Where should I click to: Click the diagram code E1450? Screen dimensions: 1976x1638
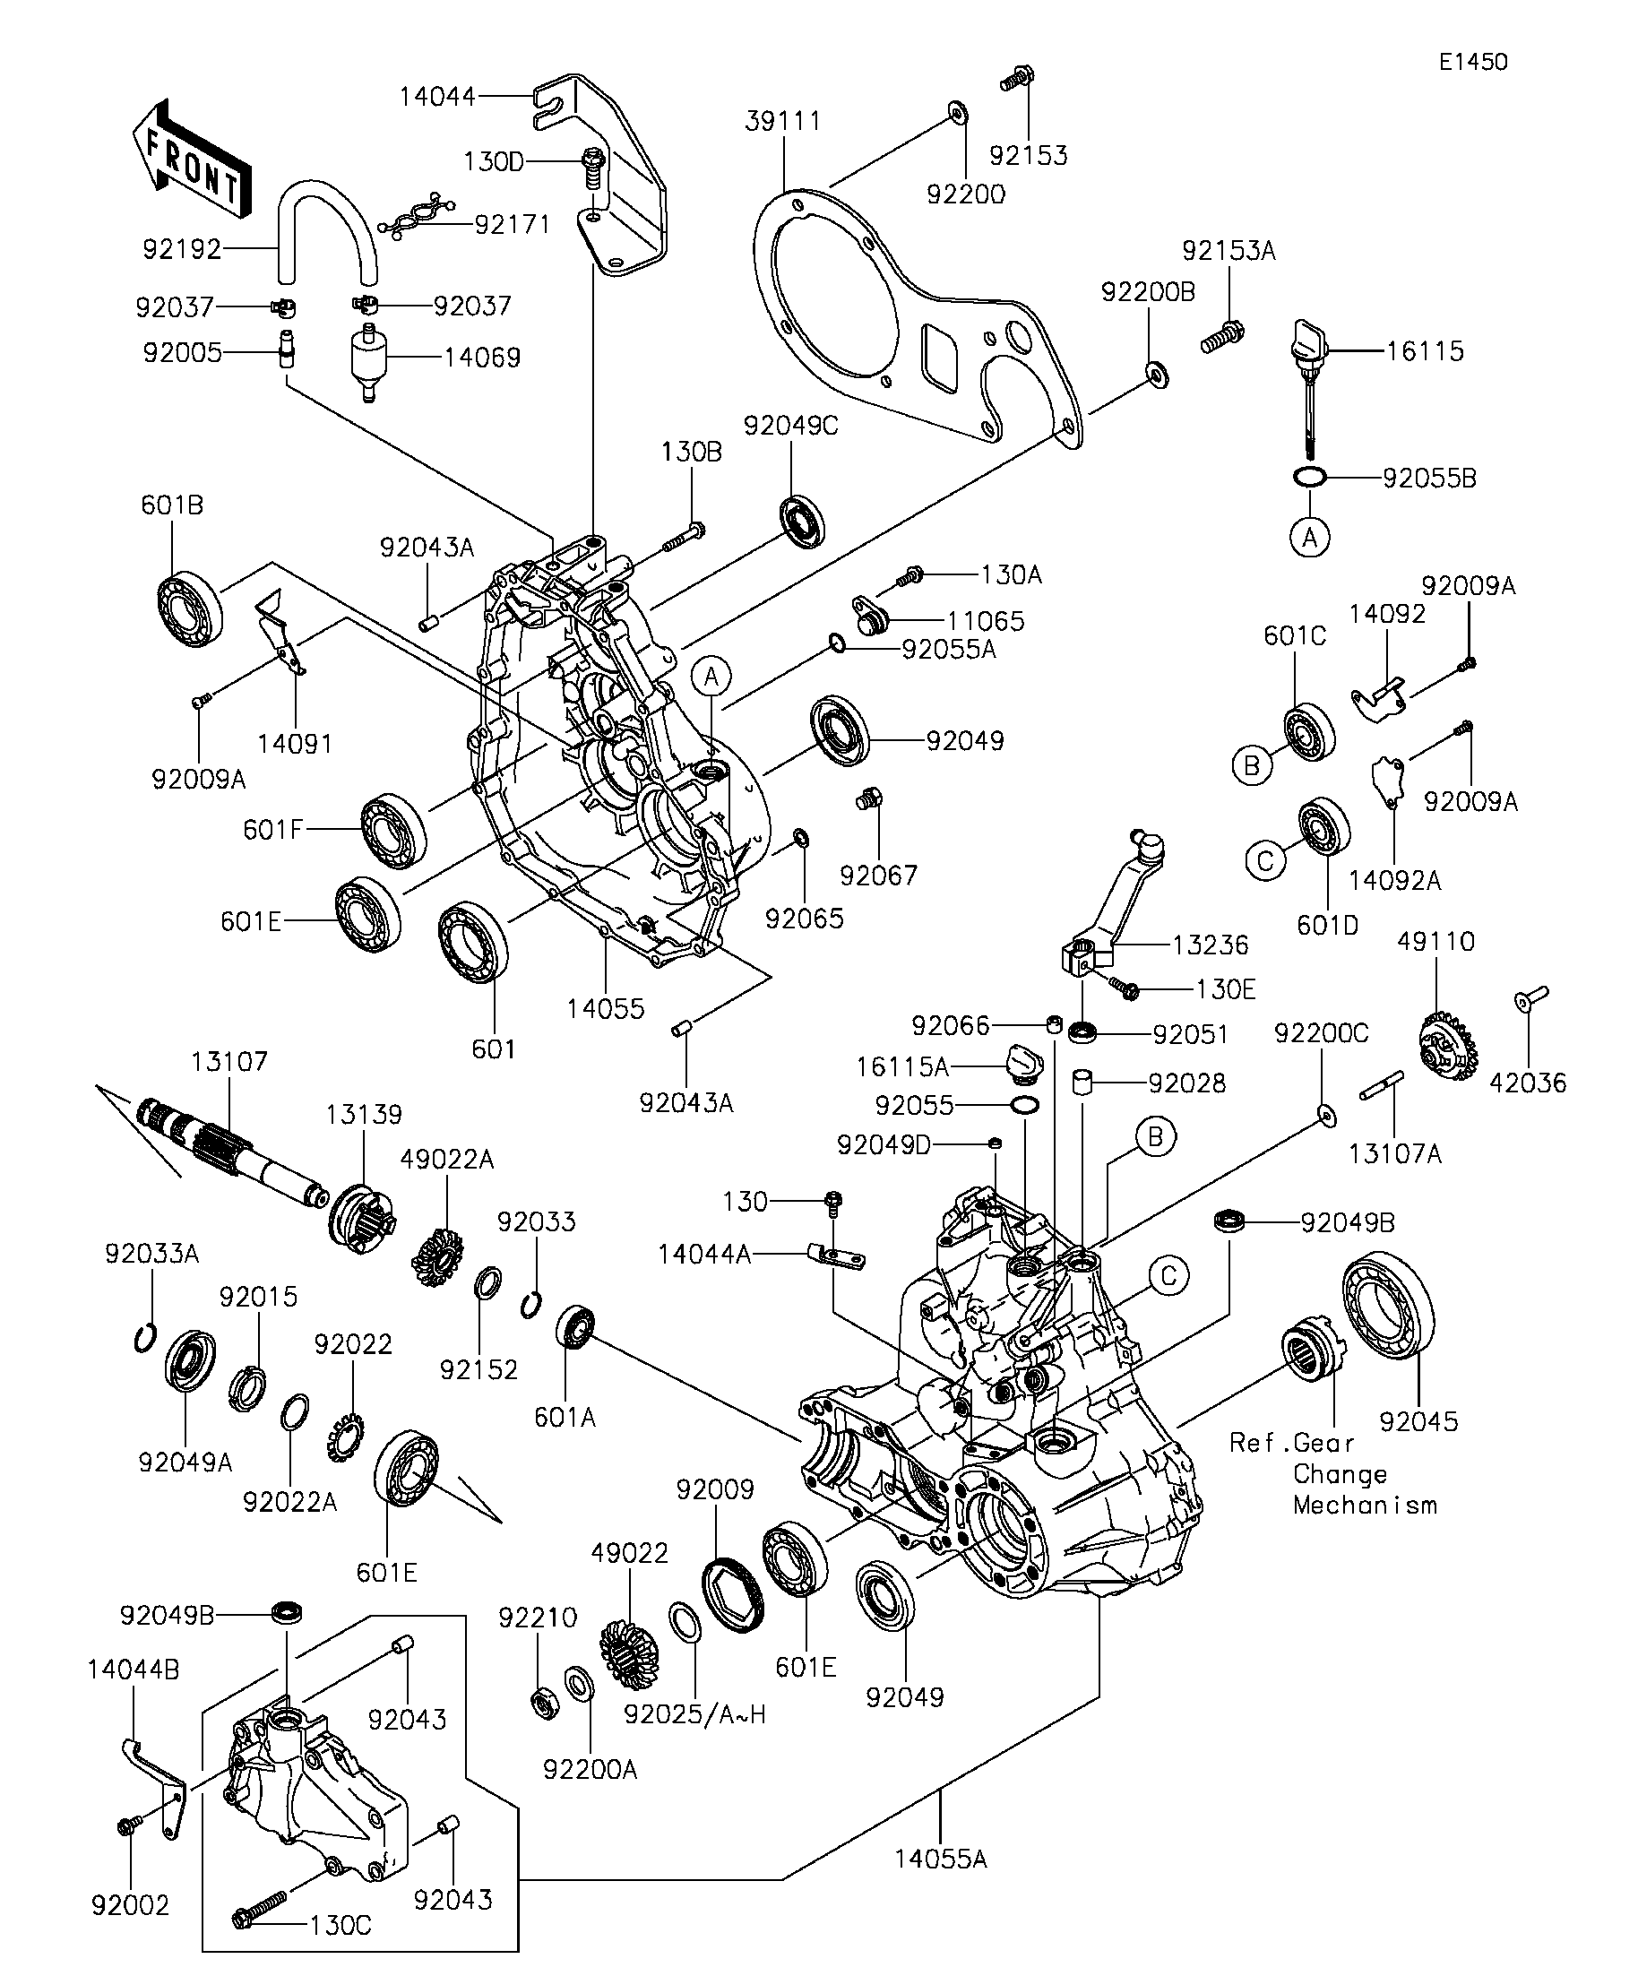pos(1473,62)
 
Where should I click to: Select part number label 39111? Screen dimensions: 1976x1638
pos(783,121)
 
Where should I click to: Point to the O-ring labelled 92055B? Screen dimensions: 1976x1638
pos(1310,478)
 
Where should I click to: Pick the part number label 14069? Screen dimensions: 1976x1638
pos(482,358)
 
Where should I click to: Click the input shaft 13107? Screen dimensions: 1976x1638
pos(230,1152)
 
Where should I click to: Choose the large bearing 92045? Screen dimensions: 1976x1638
pos(1388,1305)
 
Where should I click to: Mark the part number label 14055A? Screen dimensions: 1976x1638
pos(940,1860)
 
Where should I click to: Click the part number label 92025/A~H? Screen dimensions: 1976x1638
pos(695,1714)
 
